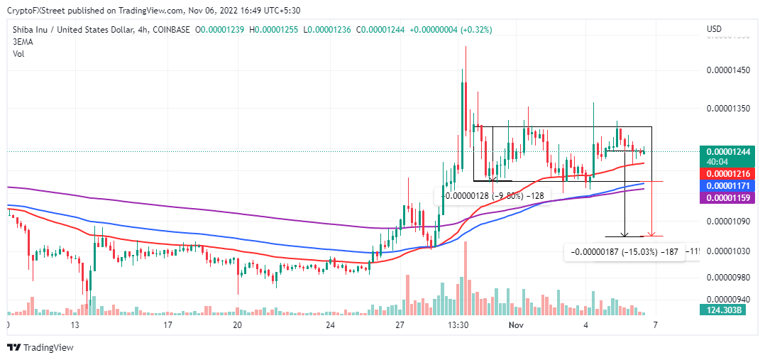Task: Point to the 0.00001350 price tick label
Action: pyautogui.click(x=727, y=109)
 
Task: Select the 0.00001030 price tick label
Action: pyautogui.click(x=727, y=251)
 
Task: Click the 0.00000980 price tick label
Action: pyautogui.click(x=727, y=278)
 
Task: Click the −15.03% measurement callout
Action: pyautogui.click(x=624, y=251)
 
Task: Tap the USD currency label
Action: pyautogui.click(x=715, y=29)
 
